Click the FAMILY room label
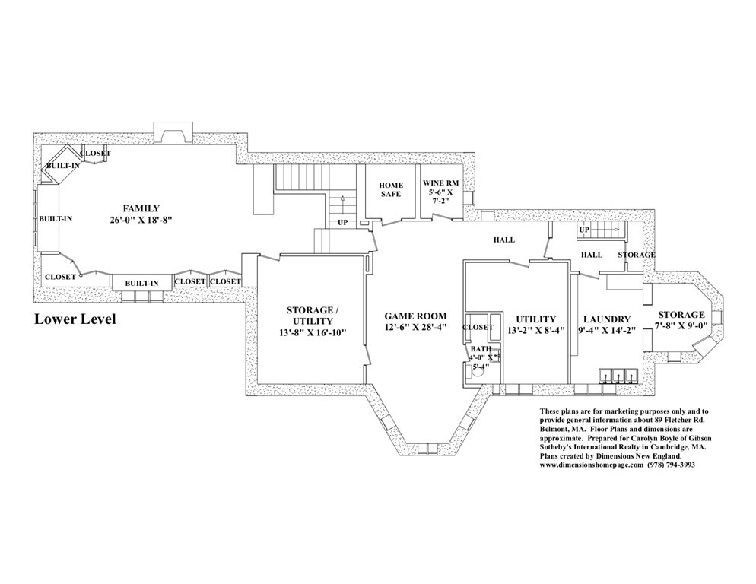[x=141, y=209]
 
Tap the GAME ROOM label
[x=415, y=316]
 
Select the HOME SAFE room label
[x=390, y=189]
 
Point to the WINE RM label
[x=440, y=183]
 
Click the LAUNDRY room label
[x=607, y=319]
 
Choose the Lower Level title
[x=75, y=319]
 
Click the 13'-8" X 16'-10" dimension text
[x=313, y=332]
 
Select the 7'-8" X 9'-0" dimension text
[x=681, y=325]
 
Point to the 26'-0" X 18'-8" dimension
[x=141, y=220]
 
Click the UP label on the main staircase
[x=343, y=222]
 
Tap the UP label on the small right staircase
[x=584, y=230]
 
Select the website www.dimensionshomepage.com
[x=592, y=465]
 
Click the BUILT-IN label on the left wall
[x=56, y=218]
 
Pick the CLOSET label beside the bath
[x=478, y=327]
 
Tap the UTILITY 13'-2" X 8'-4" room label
[x=535, y=325]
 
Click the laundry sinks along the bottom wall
[x=618, y=376]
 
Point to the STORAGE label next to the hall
[x=637, y=255]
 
